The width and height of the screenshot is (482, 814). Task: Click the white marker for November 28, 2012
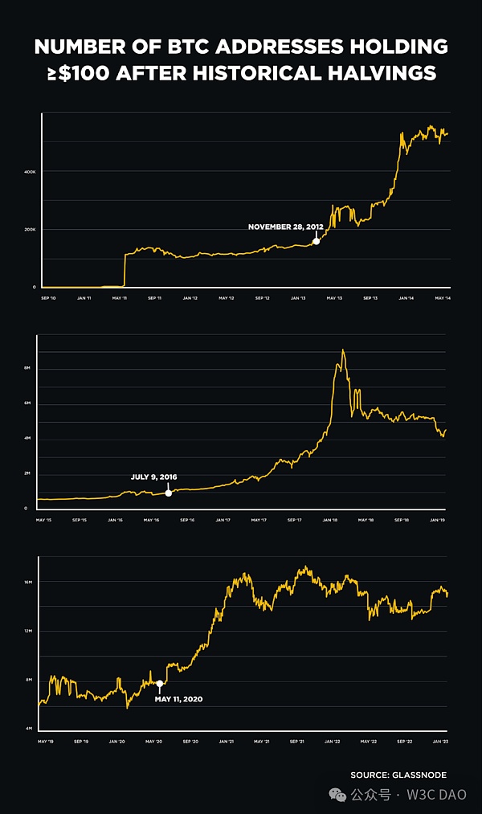point(316,240)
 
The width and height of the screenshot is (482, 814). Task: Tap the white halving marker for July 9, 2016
point(168,492)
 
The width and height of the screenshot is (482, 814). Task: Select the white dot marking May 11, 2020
point(159,684)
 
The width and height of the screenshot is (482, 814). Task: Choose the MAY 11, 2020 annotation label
point(178,699)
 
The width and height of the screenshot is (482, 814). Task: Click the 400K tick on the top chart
point(29,172)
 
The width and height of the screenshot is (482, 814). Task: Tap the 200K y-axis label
point(29,230)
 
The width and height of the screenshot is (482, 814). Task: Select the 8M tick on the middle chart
point(28,368)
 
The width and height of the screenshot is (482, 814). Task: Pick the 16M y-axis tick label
point(27,581)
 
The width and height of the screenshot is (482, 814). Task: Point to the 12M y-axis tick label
point(27,631)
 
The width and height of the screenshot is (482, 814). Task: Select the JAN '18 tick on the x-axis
point(329,520)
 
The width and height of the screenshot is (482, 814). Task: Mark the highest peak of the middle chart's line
point(343,350)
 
